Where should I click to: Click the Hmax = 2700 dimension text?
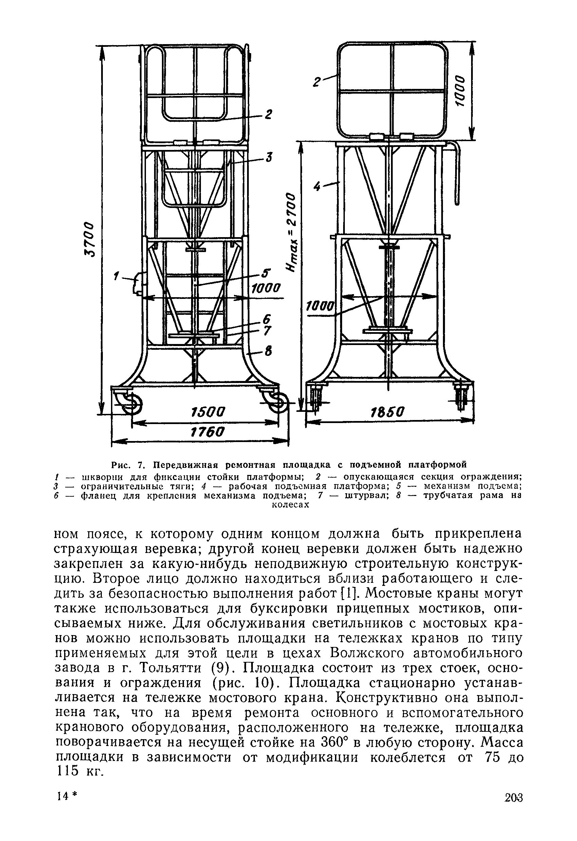(292, 231)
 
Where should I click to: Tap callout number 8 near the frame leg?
(268, 351)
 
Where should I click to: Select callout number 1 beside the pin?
(116, 277)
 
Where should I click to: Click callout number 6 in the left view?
(267, 319)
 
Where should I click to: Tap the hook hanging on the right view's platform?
(457, 174)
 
